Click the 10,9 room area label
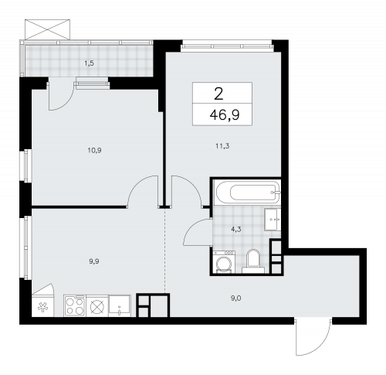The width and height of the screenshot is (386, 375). click(x=94, y=150)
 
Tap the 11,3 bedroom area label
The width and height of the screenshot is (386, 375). click(x=222, y=146)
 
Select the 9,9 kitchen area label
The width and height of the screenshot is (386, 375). click(x=94, y=261)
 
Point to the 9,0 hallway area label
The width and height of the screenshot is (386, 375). click(x=236, y=298)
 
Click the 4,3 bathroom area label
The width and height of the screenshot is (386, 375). click(x=235, y=230)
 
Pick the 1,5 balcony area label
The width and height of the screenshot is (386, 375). click(x=89, y=63)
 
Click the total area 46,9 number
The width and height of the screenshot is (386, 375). click(x=225, y=114)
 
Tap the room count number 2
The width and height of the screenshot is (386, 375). click(x=218, y=94)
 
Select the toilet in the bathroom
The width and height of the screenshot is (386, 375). click(x=253, y=261)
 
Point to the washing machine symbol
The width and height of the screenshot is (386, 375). click(x=224, y=261)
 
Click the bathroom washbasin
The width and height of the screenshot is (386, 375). click(x=273, y=220)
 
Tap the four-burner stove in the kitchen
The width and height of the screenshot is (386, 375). click(x=75, y=305)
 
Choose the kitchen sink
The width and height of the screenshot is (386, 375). click(x=120, y=305)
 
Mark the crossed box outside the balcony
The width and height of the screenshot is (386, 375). click(x=47, y=29)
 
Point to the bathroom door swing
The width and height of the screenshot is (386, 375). click(x=198, y=232)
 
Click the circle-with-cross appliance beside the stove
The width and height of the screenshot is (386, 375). click(x=97, y=306)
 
